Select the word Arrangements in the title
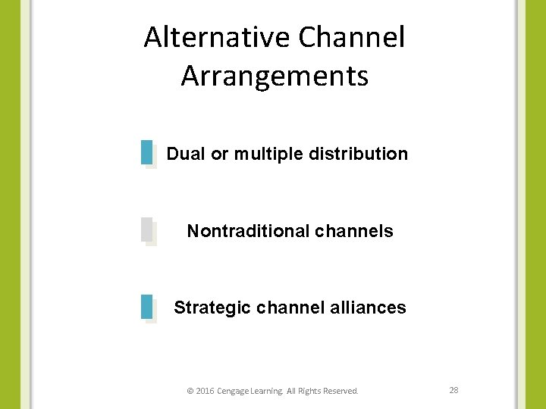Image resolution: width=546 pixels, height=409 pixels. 275,76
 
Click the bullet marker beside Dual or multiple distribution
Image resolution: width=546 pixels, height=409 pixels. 148,153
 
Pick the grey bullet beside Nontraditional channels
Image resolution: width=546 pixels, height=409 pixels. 148,230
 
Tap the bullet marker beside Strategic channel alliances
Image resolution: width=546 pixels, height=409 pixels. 148,308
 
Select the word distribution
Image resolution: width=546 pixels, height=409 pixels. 359,154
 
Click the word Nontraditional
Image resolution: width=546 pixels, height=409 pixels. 247,231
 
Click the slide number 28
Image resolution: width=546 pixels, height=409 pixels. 454,390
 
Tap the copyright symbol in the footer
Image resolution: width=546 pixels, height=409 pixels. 190,392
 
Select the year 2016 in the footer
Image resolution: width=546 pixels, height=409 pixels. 205,392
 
